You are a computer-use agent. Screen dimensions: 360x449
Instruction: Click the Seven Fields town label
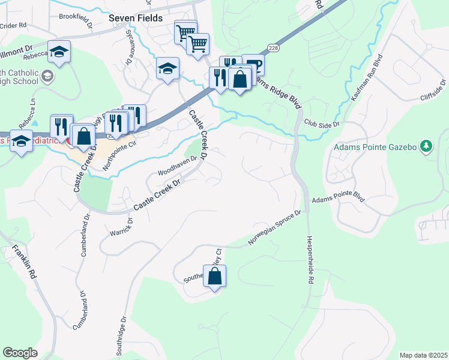pos(135,18)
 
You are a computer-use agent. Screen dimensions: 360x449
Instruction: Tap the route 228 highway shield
pos(274,47)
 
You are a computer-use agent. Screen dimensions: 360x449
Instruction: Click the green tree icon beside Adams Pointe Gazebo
pos(426,146)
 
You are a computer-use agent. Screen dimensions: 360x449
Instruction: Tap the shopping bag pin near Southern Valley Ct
pos(215,277)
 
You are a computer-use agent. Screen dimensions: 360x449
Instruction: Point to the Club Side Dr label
pos(322,124)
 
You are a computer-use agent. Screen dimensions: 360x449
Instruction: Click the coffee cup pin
pos(253,65)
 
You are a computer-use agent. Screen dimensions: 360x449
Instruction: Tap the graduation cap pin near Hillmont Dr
pos(59,52)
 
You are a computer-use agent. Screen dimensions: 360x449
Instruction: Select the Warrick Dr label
pos(121,227)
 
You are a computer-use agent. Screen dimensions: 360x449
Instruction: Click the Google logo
pos(20,353)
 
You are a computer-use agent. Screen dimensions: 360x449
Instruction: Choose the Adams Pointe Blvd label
pos(339,197)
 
